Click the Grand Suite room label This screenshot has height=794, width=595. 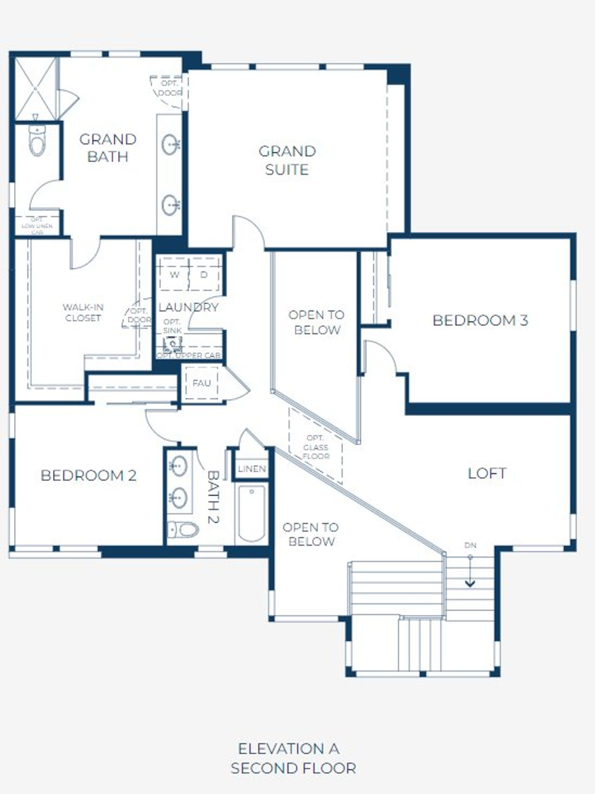click(287, 160)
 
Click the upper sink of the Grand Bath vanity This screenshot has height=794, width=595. click(170, 144)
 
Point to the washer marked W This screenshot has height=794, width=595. click(174, 275)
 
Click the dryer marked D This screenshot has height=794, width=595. click(204, 275)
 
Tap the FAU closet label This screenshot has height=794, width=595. click(201, 383)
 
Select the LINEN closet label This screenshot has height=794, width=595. click(251, 469)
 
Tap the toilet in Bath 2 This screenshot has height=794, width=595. click(183, 529)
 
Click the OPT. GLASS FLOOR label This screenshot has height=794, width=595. click(316, 447)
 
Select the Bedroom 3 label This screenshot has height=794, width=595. click(480, 320)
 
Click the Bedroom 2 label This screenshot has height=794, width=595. click(88, 475)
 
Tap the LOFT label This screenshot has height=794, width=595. click(487, 474)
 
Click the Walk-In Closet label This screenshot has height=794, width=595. click(83, 313)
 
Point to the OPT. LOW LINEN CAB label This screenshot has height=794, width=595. click(37, 226)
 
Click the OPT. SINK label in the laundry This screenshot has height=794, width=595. click(172, 326)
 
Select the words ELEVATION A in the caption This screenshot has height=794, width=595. click(288, 749)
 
